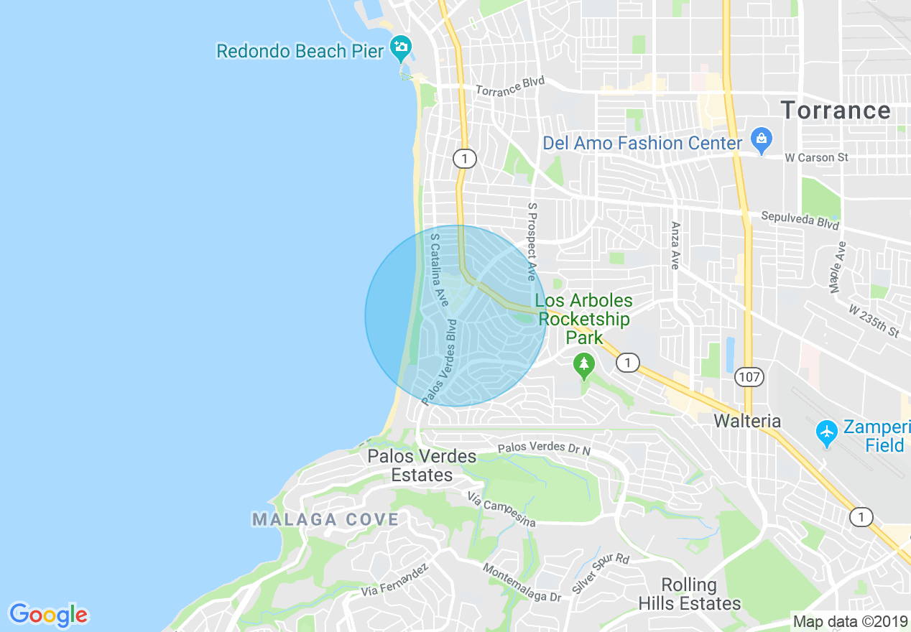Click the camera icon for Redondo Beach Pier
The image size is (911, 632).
pos(400,48)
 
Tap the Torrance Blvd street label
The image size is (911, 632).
pos(510,85)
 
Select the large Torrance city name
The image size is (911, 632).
pos(836,111)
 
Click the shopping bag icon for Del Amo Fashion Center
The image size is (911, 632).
pos(760,136)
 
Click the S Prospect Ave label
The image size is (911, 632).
pos(532,241)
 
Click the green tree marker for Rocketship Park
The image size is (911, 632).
pos(584,366)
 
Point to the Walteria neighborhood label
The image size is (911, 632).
pos(747,421)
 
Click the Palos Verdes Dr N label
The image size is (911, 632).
pos(544,448)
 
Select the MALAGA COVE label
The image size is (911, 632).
pos(325,519)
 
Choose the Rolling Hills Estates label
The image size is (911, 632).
pos(690,594)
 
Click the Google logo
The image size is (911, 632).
pos(48,615)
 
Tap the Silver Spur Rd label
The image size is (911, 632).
pos(601,572)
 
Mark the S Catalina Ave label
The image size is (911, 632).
pos(439,268)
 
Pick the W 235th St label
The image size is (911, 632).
pos(874,321)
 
